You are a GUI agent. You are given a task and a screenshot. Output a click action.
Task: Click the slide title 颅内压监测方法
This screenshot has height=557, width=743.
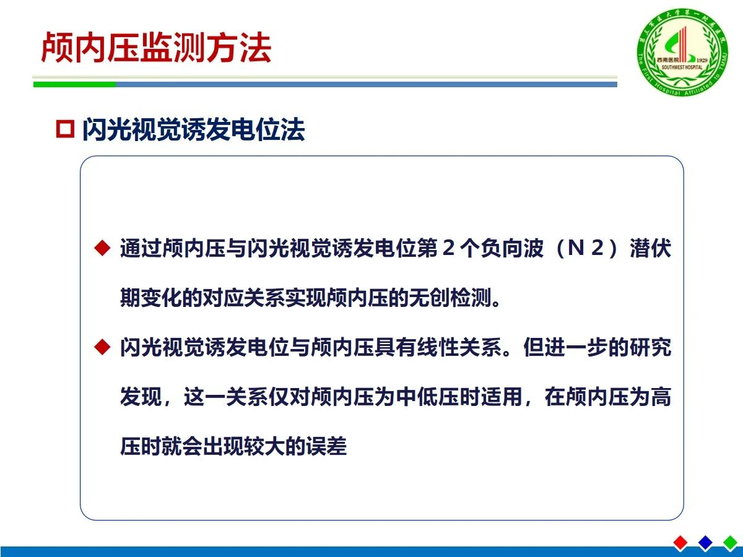[156, 48]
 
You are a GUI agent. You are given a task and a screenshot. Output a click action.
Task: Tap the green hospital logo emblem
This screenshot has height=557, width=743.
[682, 51]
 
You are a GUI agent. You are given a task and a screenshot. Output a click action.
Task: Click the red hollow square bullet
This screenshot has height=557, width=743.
[65, 129]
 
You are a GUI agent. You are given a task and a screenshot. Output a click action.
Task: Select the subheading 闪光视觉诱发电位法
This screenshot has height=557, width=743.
[193, 129]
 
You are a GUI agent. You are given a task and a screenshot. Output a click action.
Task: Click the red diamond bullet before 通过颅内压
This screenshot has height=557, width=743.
[102, 248]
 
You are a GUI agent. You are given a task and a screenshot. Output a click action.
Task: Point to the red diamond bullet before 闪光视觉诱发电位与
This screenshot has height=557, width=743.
[102, 347]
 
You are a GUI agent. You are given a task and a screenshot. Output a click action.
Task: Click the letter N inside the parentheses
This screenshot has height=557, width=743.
[575, 248]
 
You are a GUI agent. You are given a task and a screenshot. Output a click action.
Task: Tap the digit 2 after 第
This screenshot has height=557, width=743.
[448, 248]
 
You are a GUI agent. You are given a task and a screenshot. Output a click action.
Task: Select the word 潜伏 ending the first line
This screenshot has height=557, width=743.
[650, 248]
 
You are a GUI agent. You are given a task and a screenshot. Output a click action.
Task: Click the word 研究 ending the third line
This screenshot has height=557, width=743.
[650, 347]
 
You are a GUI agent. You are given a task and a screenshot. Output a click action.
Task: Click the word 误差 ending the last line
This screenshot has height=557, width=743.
[326, 446]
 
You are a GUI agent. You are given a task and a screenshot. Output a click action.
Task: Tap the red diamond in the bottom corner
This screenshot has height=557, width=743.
[680, 543]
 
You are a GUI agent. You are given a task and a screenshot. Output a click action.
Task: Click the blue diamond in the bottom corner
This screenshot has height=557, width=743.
[705, 543]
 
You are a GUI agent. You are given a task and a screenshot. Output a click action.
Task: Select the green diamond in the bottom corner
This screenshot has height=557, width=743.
[730, 543]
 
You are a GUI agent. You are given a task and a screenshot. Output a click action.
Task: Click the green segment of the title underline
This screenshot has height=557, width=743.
[74, 84]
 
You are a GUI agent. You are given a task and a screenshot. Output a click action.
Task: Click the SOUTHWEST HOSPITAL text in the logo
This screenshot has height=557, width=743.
[682, 67]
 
